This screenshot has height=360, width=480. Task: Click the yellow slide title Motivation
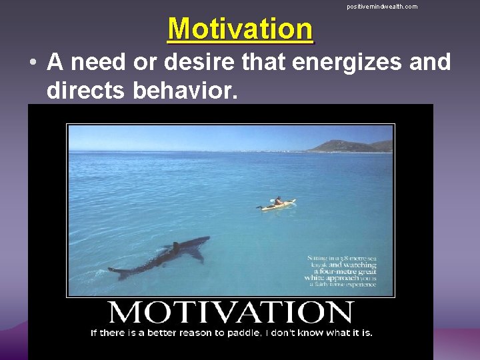point(240,29)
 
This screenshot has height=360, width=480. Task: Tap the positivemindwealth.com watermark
point(382,7)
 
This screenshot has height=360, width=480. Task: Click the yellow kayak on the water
point(277,205)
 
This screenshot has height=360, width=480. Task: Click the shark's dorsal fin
point(175,247)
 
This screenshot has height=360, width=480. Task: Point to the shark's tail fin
point(118,272)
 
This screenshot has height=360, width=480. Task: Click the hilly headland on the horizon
point(349,145)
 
